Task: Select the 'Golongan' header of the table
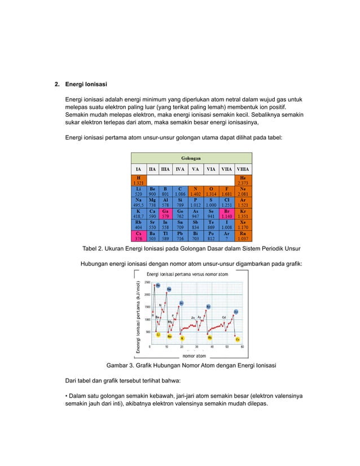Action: [192, 159]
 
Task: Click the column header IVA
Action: [180, 168]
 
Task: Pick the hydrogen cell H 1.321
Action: [138, 180]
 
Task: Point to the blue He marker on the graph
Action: [158, 285]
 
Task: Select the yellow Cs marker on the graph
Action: [238, 340]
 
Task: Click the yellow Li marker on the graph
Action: [159, 335]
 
